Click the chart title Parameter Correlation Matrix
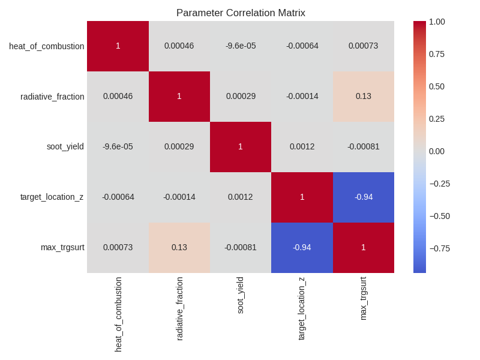click(241, 13)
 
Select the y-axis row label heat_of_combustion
click(46, 46)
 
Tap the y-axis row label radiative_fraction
click(52, 97)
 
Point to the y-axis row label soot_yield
click(65, 146)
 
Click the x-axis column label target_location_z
click(302, 308)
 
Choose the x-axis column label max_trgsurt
click(363, 298)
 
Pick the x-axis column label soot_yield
click(241, 295)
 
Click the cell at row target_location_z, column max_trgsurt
click(363, 197)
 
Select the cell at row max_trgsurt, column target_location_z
click(302, 247)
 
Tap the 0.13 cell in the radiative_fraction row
click(363, 96)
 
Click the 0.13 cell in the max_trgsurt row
click(179, 247)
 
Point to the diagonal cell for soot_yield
click(241, 146)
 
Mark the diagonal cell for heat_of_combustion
click(118, 46)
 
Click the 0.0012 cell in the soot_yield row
click(302, 146)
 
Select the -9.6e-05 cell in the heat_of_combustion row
click(241, 46)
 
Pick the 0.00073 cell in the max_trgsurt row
click(118, 247)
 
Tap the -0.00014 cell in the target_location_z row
click(179, 197)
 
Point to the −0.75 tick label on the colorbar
click(440, 248)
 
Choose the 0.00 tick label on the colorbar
click(437, 151)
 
